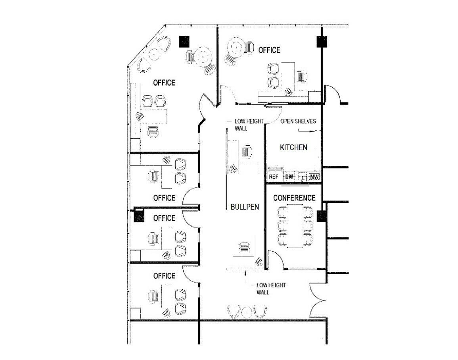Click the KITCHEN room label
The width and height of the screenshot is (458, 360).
coord(293,147)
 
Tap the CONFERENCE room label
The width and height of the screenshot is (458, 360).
coord(294,198)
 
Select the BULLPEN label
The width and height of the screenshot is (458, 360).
coord(245,207)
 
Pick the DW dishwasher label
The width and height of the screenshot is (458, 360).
coord(289,177)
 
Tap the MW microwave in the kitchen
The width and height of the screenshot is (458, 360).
coord(314,177)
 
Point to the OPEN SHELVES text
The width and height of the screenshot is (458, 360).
coord(298,121)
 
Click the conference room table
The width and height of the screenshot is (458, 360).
coord(295,226)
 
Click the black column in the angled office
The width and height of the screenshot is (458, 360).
coord(184,41)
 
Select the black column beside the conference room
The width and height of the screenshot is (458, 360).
coord(321,216)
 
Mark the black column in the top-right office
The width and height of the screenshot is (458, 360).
coord(322,42)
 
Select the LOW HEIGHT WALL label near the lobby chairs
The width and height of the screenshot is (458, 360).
coord(271,289)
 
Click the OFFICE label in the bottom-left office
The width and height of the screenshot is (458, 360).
coord(164,276)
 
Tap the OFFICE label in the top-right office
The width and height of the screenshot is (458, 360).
coord(269,50)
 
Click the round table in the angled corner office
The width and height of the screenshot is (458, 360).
coord(203,56)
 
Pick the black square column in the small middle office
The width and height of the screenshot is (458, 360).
coord(139,216)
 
